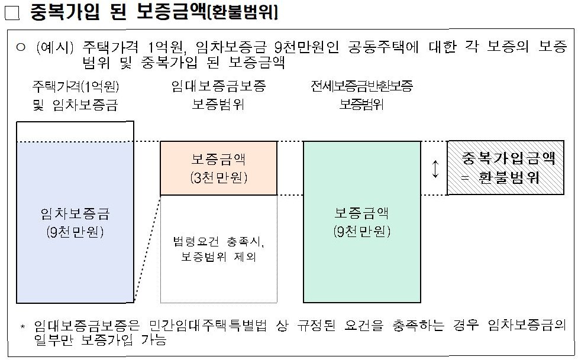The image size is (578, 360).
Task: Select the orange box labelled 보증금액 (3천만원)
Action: click(219, 168)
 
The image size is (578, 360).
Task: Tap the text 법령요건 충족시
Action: click(219, 242)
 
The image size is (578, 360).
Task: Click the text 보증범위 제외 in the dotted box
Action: click(219, 258)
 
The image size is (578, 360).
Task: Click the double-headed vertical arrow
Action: click(435, 168)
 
